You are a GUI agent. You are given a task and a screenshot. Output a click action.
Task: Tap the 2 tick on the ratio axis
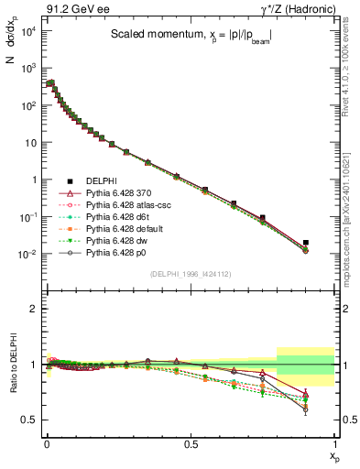[x=32, y=309]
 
